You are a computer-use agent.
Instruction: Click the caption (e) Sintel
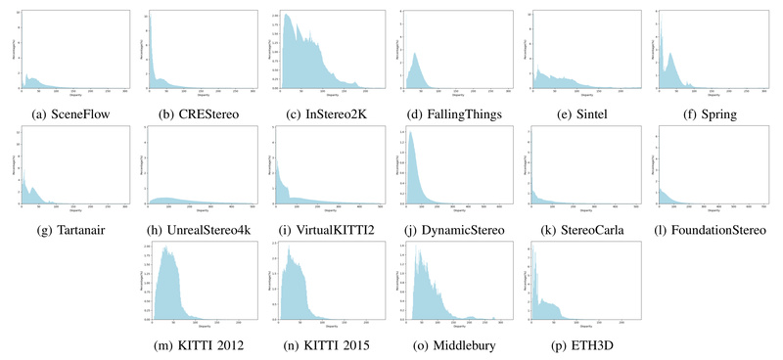point(585,112)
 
